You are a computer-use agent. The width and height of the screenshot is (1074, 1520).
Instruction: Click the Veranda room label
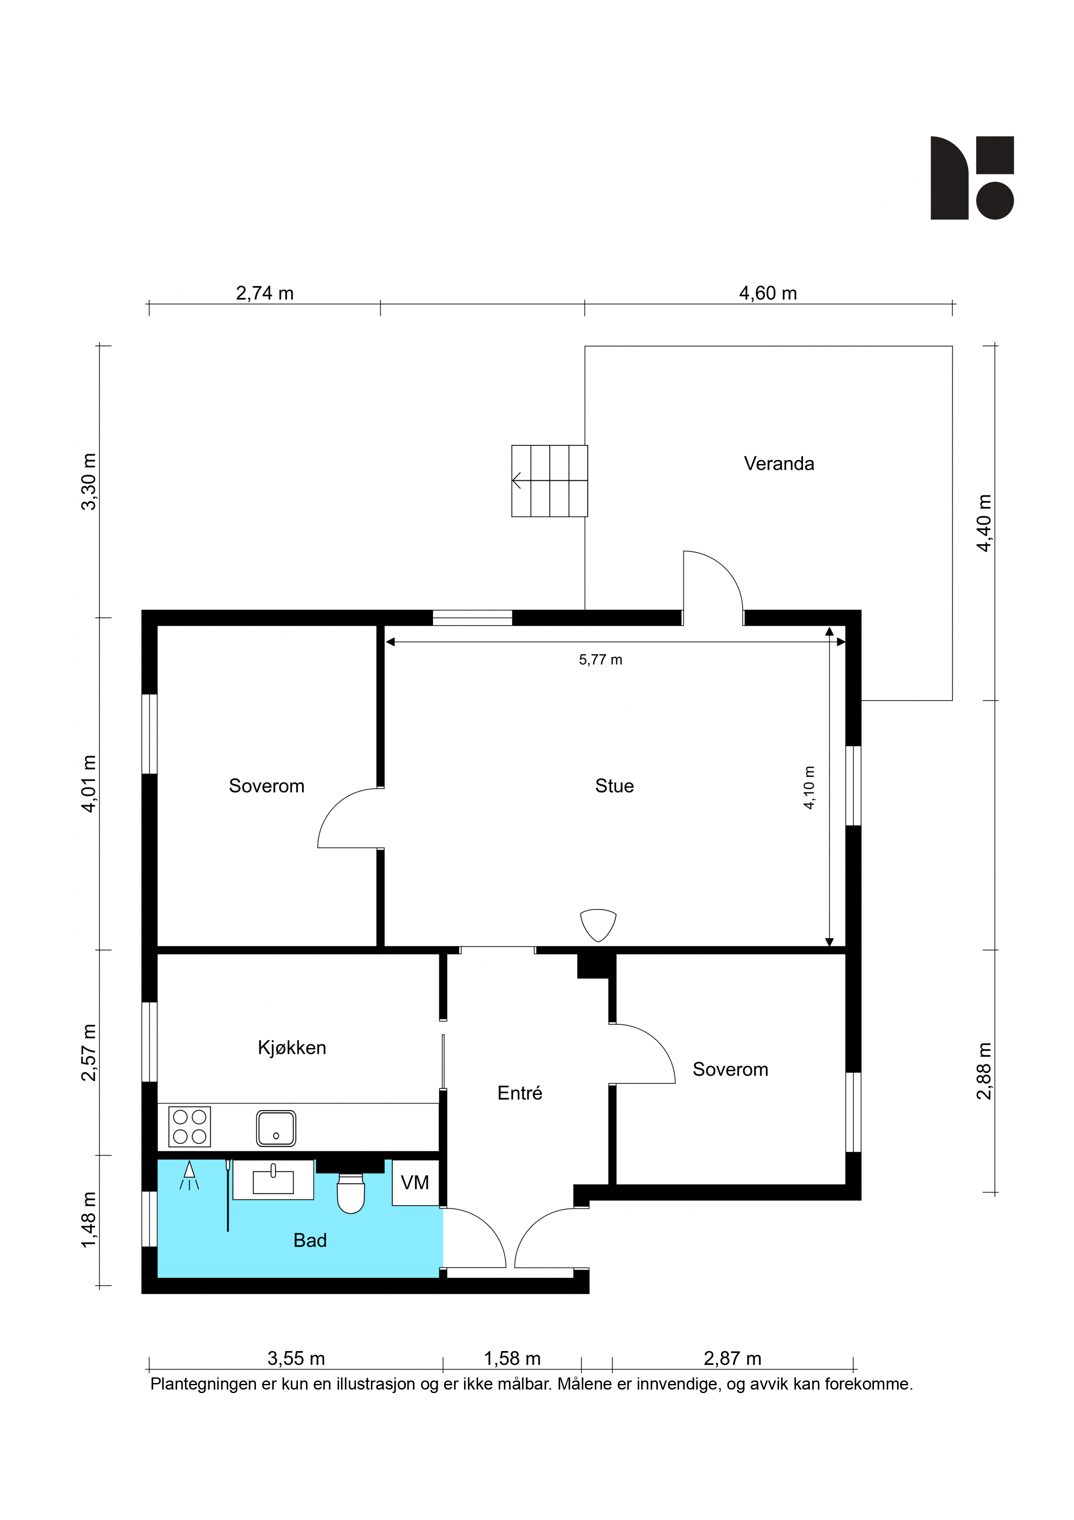[778, 464]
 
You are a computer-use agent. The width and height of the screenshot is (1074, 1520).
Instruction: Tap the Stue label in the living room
[614, 786]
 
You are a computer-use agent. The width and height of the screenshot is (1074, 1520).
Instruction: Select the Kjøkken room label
[292, 1047]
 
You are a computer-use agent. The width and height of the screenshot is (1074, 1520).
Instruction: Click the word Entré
[520, 1093]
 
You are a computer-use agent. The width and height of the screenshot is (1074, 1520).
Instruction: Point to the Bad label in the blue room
[310, 1240]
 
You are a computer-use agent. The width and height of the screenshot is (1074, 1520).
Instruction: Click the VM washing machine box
[416, 1182]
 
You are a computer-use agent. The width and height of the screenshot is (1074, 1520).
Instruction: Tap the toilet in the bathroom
[351, 1193]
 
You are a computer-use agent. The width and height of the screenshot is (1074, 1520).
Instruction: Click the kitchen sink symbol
[276, 1128]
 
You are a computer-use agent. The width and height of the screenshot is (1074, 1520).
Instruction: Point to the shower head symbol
[189, 1175]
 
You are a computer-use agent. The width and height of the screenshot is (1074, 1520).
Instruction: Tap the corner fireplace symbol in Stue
[598, 925]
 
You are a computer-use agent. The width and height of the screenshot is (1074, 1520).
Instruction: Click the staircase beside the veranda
[549, 481]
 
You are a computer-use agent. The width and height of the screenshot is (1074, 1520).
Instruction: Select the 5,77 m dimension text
[600, 659]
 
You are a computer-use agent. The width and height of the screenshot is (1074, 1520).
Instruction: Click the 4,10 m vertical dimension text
[809, 788]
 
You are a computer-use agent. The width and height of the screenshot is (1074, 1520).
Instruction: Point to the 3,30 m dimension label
[88, 482]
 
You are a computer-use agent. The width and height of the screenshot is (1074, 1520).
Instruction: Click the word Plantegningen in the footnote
[203, 1384]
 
